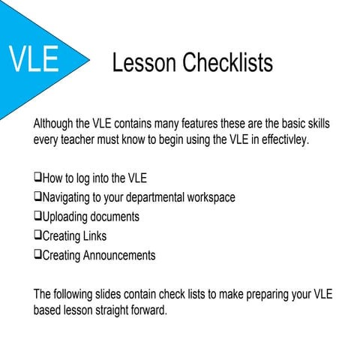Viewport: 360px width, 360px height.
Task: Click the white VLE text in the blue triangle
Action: pyautogui.click(x=34, y=59)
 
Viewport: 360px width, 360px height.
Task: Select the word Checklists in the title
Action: pyautogui.click(x=229, y=63)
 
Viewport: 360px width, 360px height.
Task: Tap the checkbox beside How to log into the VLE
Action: pyautogui.click(x=37, y=178)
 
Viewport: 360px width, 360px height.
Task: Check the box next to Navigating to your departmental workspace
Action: pyautogui.click(x=37, y=197)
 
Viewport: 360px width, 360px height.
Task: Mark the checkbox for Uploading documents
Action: pyautogui.click(x=37, y=217)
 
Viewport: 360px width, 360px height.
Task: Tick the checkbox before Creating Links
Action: pyautogui.click(x=37, y=236)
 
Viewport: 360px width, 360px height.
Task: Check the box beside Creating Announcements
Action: pyautogui.click(x=37, y=256)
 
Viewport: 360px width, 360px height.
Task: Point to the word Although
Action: pyautogui.click(x=56, y=123)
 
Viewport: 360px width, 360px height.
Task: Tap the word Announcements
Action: pyautogui.click(x=118, y=256)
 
